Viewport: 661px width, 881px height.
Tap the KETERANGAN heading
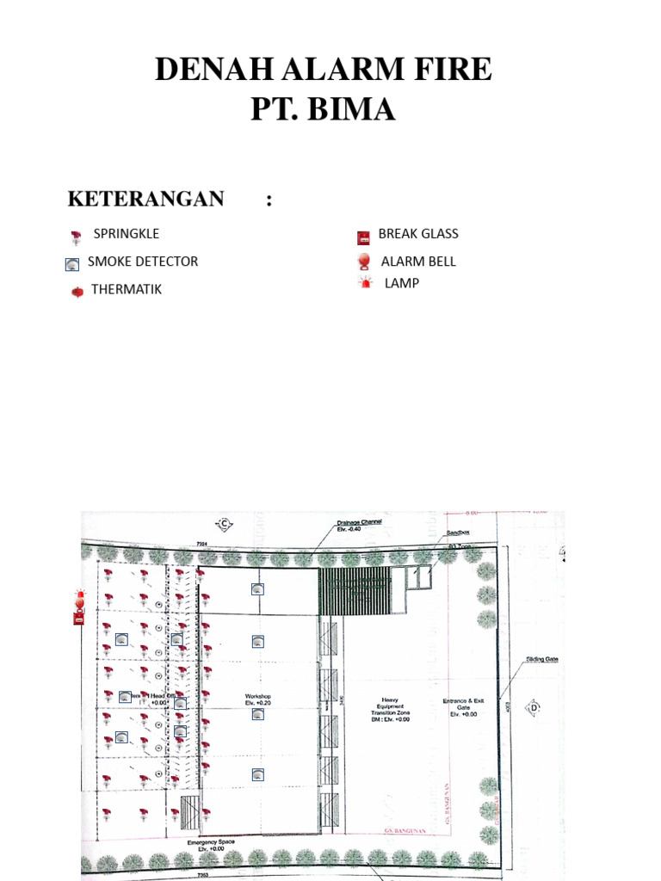145,199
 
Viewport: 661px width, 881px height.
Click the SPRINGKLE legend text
126,233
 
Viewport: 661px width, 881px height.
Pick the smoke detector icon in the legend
72,264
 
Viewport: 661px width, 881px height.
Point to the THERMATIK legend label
126,289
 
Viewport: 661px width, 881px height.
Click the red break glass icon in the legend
363,237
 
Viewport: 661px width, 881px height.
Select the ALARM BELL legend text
418,262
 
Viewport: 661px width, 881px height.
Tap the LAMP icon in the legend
366,282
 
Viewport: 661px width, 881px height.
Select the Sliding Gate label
542,659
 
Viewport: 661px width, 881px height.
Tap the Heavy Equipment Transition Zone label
390,709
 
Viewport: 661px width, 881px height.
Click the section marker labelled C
224,523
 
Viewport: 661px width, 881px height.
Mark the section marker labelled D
534,707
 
